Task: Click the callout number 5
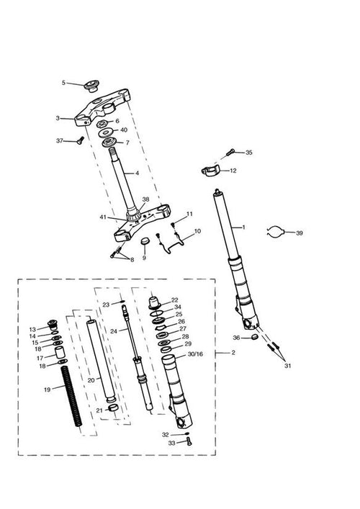tap(63, 83)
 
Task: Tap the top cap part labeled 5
tap(91, 86)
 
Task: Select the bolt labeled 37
tap(80, 140)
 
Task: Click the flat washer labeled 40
tap(106, 132)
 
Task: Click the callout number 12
tap(233, 171)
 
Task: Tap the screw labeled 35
tap(230, 151)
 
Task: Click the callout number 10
tap(197, 231)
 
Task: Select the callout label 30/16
tap(195, 353)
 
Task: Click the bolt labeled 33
tap(189, 441)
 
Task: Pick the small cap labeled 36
tap(255, 337)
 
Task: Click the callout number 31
tap(287, 366)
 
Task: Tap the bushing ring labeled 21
tap(112, 408)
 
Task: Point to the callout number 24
tap(114, 331)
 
